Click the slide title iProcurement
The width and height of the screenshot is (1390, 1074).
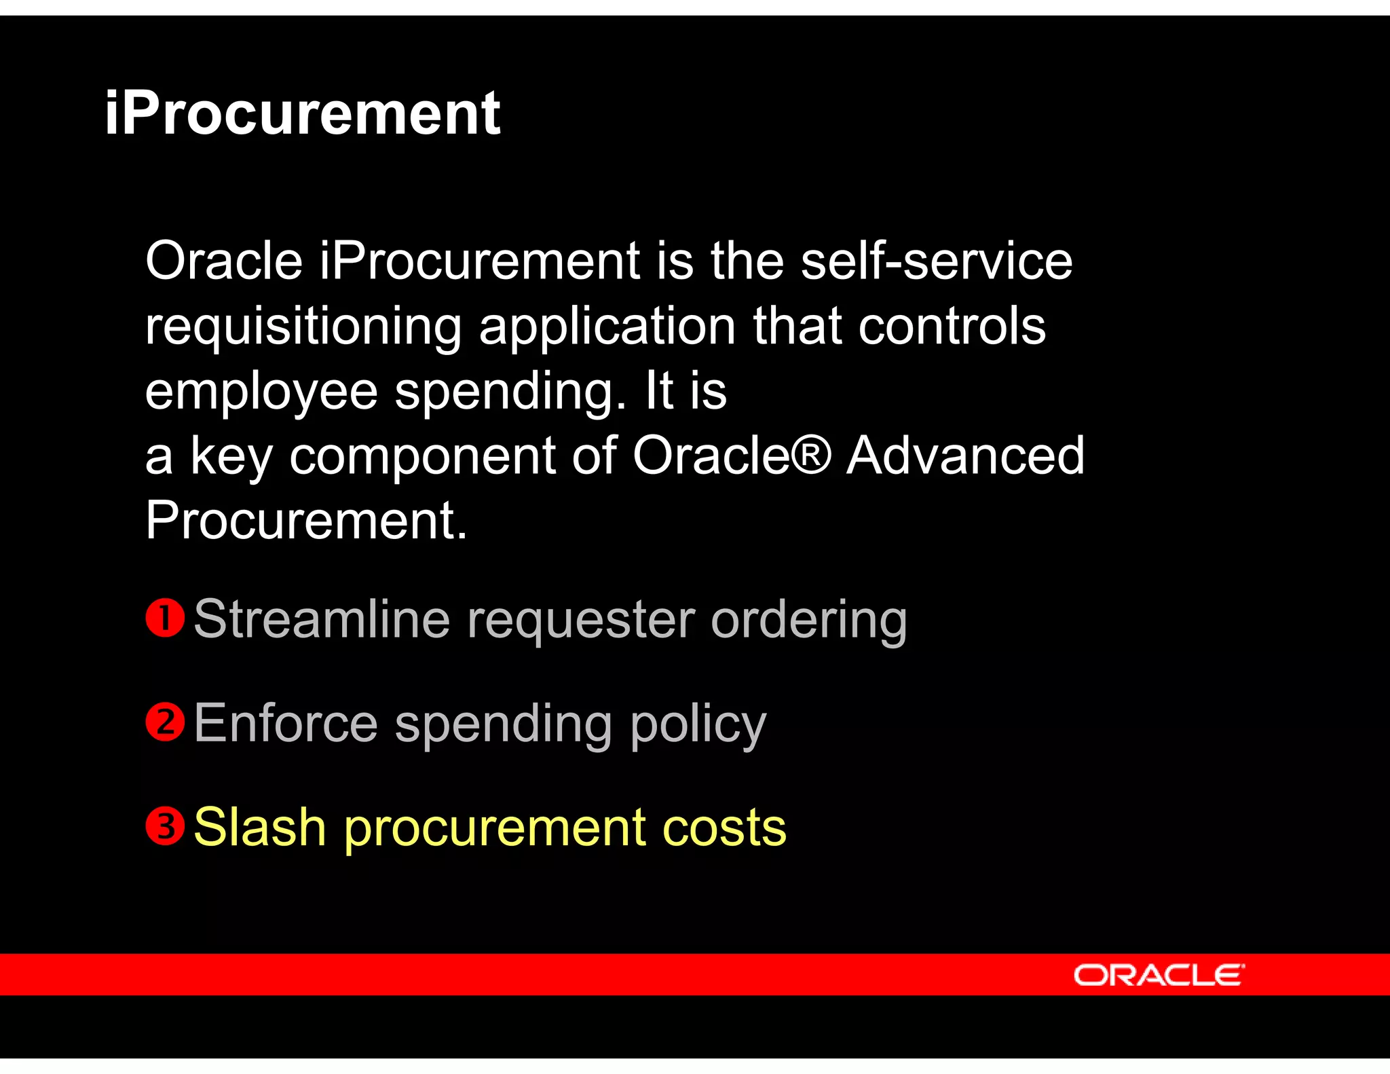[x=302, y=114]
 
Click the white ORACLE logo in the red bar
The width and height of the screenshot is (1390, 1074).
[x=1159, y=975]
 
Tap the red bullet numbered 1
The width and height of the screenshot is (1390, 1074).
[x=165, y=618]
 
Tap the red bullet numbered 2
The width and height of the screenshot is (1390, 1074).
[x=165, y=722]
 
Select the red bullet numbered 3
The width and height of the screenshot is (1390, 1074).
[x=165, y=826]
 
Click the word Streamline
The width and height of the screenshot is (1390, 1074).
[x=322, y=619]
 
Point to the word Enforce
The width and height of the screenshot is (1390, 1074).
[x=285, y=724]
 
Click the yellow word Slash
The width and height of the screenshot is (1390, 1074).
[x=259, y=828]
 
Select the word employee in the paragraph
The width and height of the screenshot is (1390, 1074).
[x=261, y=393]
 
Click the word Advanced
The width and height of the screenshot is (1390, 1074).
[x=965, y=456]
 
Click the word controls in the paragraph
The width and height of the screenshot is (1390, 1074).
[x=952, y=327]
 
